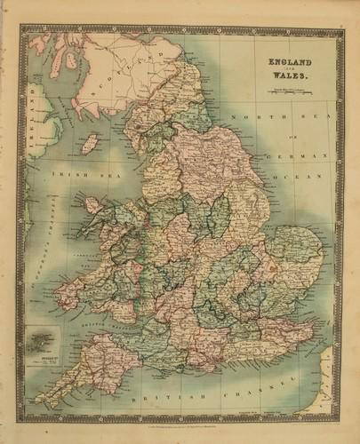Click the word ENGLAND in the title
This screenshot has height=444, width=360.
point(279,61)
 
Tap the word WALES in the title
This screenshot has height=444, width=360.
point(279,77)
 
